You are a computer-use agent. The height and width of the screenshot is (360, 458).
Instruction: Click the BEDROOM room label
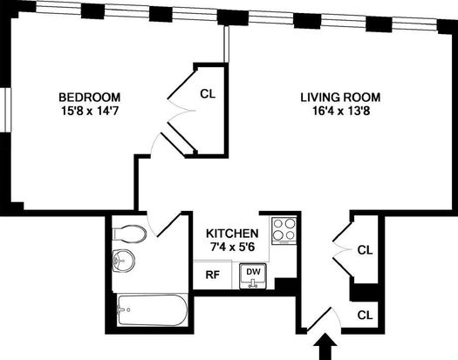coord(89,97)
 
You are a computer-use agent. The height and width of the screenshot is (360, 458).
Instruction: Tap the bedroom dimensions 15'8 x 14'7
coord(89,111)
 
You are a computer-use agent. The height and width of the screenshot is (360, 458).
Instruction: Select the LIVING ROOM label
coord(340,97)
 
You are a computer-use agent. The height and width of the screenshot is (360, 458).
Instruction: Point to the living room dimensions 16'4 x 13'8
coord(341,111)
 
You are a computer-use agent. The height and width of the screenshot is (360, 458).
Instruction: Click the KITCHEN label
coord(232,234)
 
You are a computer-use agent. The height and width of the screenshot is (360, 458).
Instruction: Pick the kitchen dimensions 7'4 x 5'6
coord(233,247)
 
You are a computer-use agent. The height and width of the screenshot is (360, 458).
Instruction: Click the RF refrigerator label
coord(212,275)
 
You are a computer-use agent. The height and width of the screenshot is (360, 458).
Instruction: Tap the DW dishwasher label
coord(253,272)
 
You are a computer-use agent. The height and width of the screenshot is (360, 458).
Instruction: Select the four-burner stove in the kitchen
coord(284,231)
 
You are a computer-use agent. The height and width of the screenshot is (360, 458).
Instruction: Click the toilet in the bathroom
coord(129,234)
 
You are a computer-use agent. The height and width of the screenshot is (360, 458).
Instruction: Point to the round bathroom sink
coord(124,261)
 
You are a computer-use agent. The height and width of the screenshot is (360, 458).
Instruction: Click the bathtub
coord(152,309)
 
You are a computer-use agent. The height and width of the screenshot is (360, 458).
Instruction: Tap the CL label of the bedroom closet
coord(208,94)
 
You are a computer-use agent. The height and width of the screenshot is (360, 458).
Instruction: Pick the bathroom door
coord(168,225)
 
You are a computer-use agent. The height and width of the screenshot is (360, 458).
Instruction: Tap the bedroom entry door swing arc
coord(154,143)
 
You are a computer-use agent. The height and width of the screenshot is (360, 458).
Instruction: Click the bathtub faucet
coord(121,309)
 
